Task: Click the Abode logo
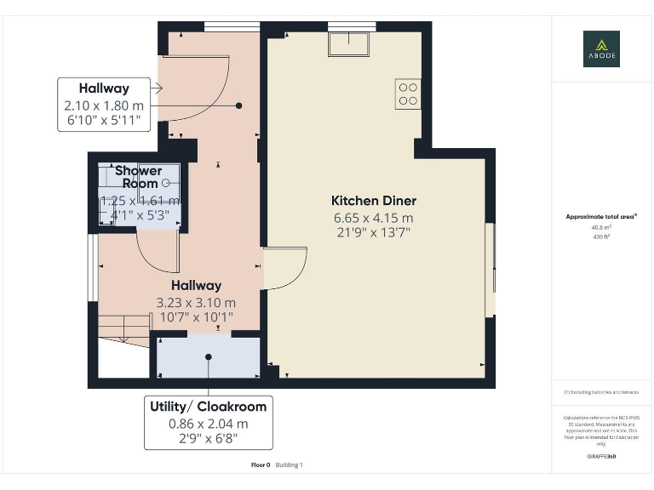pyautogui.click(x=601, y=48)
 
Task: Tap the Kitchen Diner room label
pyautogui.click(x=374, y=201)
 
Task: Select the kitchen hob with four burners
pyautogui.click(x=407, y=94)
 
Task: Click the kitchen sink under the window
pyautogui.click(x=350, y=43)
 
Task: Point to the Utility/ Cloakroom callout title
pyautogui.click(x=209, y=407)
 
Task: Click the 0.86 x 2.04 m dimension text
pyautogui.click(x=209, y=424)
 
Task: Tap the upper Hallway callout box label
pyautogui.click(x=104, y=88)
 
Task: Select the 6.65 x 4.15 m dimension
pyautogui.click(x=374, y=218)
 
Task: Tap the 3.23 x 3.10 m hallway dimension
pyautogui.click(x=196, y=302)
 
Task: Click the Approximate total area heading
pyautogui.click(x=601, y=217)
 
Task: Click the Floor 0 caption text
pyautogui.click(x=261, y=464)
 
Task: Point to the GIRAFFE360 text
pyautogui.click(x=601, y=457)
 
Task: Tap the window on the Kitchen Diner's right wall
pyautogui.click(x=490, y=270)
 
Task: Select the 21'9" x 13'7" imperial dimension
pyautogui.click(x=374, y=232)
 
